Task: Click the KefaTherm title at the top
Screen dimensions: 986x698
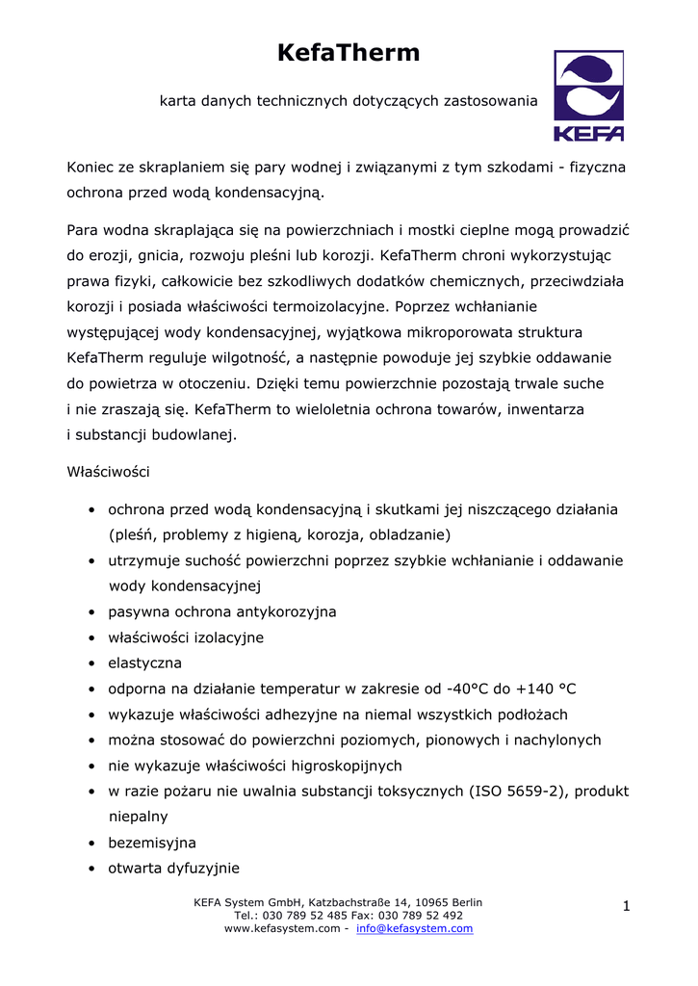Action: (x=349, y=54)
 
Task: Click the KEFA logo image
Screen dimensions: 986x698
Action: (x=588, y=96)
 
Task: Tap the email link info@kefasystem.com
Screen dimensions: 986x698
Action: (x=414, y=929)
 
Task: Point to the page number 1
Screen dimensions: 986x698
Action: (x=626, y=906)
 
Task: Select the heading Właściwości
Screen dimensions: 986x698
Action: (x=108, y=473)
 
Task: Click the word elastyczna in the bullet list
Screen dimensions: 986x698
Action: (x=145, y=663)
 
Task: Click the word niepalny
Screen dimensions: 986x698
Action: (x=139, y=817)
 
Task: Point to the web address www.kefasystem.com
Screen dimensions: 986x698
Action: (x=282, y=929)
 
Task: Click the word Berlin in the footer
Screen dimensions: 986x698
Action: (x=464, y=902)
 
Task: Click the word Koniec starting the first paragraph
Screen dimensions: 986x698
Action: (x=90, y=168)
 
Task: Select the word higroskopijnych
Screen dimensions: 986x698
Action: (x=335, y=765)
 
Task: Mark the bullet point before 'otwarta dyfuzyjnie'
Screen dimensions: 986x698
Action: (x=90, y=868)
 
